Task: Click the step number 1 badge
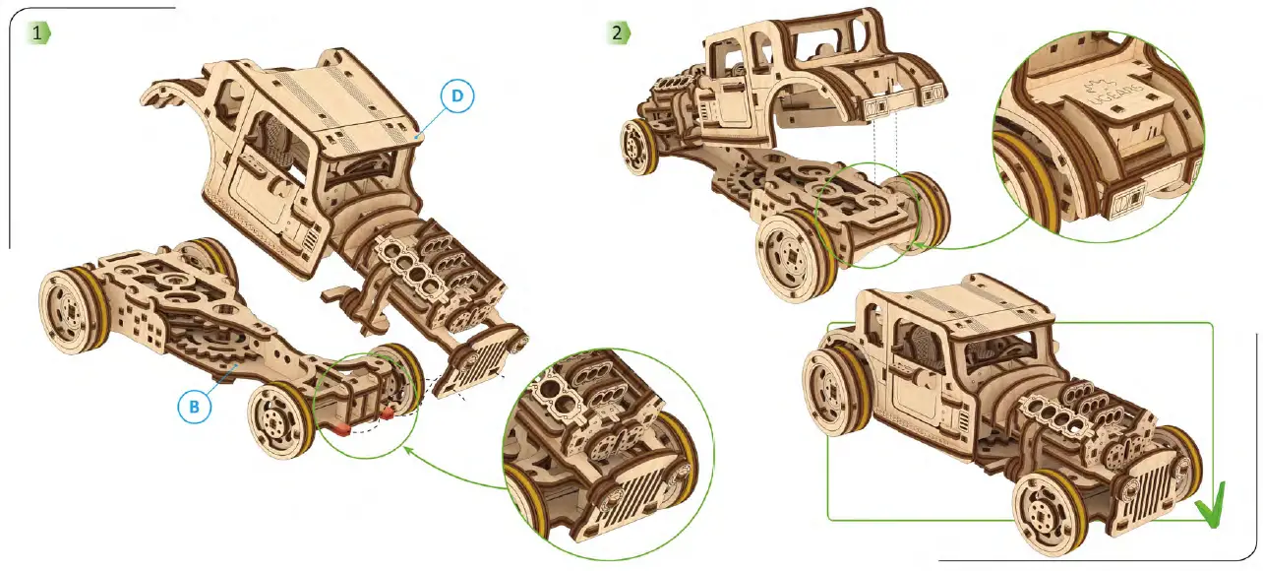click(38, 32)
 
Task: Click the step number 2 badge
click(617, 32)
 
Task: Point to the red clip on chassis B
click(340, 428)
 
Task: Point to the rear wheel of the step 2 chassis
click(639, 145)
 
